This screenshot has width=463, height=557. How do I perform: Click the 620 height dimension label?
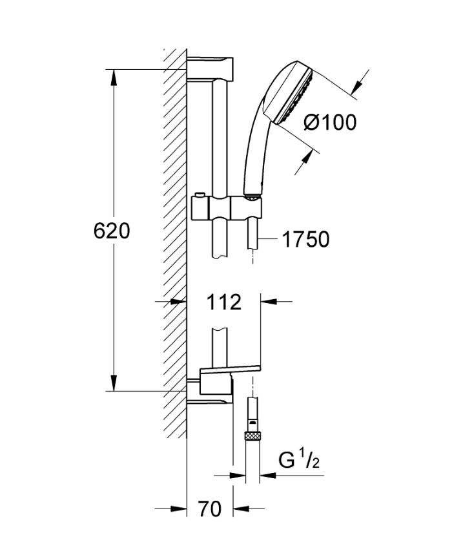pyautogui.click(x=112, y=231)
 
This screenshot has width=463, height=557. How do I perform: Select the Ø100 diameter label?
pyautogui.click(x=329, y=122)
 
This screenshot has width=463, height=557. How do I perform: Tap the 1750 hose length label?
pyautogui.click(x=305, y=240)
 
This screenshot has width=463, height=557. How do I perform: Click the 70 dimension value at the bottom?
pyautogui.click(x=209, y=510)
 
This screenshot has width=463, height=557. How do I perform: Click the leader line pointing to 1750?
pyautogui.click(x=270, y=240)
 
